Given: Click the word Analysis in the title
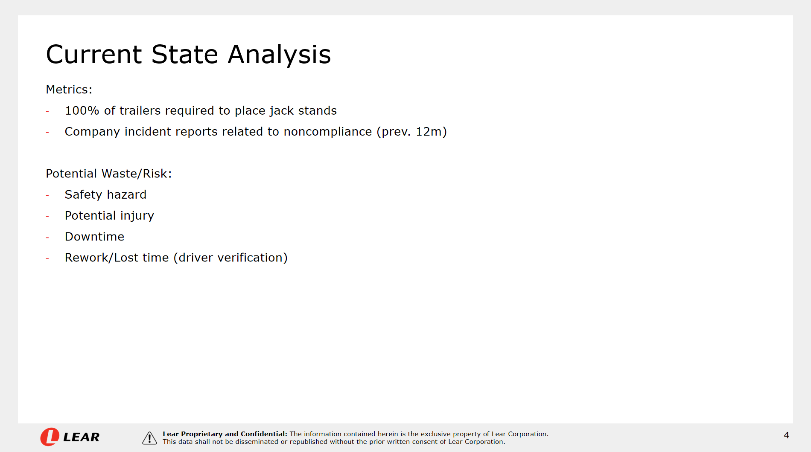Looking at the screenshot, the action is click(x=279, y=55).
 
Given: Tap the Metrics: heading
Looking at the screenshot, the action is click(x=69, y=90).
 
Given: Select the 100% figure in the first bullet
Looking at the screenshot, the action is click(x=82, y=110).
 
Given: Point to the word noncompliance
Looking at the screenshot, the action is click(x=328, y=132).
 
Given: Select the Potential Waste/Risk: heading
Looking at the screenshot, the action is click(x=109, y=174).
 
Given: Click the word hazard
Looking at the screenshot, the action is click(x=126, y=194).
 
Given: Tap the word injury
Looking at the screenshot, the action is click(x=137, y=216).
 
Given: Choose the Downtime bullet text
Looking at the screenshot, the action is click(x=95, y=237).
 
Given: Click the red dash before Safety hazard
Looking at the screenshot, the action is click(x=47, y=196).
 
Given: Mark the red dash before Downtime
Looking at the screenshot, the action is click(x=47, y=238).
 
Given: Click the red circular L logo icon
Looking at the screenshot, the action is click(x=50, y=437).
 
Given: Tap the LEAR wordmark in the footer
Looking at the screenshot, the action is click(x=81, y=437).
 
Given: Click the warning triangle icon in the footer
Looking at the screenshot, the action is click(x=149, y=438).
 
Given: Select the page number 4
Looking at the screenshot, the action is click(x=786, y=435).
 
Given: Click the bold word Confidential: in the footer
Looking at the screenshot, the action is click(x=264, y=434).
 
